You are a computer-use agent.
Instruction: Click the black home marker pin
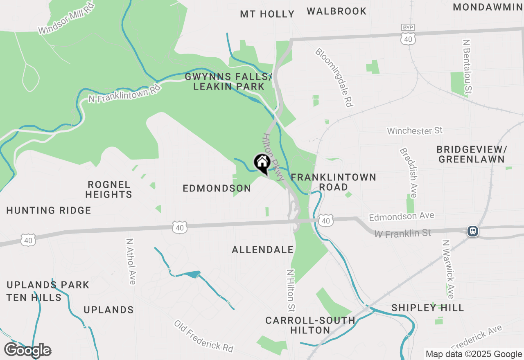(x=262, y=163)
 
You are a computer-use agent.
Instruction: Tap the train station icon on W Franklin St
(x=473, y=231)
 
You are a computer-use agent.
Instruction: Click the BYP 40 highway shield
(x=409, y=35)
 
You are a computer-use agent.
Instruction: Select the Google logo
(x=27, y=350)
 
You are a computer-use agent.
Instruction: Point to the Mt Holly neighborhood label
(x=267, y=14)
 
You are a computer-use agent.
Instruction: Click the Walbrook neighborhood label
(x=337, y=11)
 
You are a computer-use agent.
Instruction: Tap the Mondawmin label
(x=488, y=7)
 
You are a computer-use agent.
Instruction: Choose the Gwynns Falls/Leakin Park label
(x=228, y=81)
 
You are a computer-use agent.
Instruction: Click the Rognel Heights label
(x=109, y=189)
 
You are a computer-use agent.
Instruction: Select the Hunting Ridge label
(x=49, y=211)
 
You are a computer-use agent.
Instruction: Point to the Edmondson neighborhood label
(x=217, y=188)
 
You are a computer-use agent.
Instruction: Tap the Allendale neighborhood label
(x=263, y=250)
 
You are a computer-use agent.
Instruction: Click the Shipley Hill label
(x=428, y=308)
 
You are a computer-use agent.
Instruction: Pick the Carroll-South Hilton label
(x=310, y=325)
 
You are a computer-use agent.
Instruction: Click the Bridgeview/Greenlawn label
(x=472, y=154)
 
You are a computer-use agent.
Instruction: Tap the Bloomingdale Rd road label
(x=334, y=77)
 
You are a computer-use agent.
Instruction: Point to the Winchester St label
(x=415, y=131)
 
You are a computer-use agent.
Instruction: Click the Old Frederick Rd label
(x=203, y=336)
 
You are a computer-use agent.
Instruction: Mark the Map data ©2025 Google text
(x=474, y=354)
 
